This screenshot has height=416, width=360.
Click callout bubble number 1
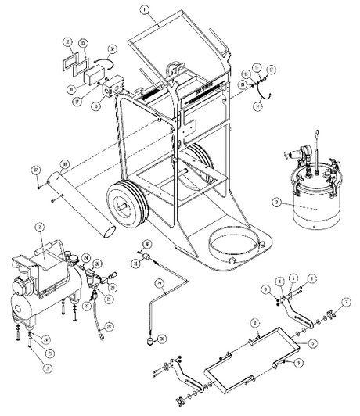pyautogui.click(x=145, y=12)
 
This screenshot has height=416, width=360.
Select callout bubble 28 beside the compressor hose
pyautogui.click(x=109, y=326)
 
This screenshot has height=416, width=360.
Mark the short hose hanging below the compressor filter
pyautogui.click(x=98, y=316)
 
